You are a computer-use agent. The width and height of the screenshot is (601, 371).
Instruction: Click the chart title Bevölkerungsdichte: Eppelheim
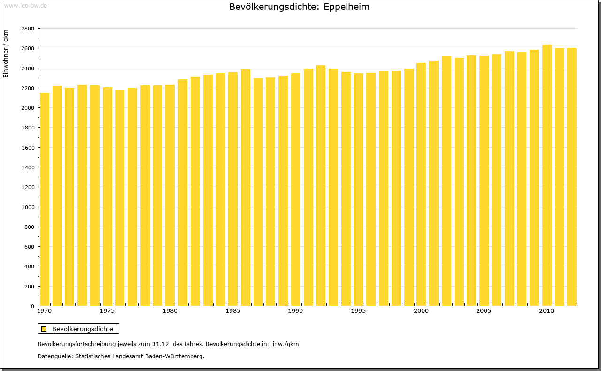[299, 7]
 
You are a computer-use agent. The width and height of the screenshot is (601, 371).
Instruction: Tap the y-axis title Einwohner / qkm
[6, 54]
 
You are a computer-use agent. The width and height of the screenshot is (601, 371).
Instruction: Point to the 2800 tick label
[28, 29]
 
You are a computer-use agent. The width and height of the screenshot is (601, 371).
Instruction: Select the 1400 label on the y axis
[28, 167]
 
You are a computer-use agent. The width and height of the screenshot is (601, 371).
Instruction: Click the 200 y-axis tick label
[29, 287]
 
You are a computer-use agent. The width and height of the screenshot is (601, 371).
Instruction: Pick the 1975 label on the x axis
[107, 311]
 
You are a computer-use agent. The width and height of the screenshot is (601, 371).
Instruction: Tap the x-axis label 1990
[295, 311]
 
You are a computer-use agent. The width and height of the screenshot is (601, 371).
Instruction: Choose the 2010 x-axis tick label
[547, 311]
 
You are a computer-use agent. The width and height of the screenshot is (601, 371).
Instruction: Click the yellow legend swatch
[44, 329]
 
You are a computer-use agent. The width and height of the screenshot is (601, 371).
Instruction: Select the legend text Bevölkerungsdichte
[82, 329]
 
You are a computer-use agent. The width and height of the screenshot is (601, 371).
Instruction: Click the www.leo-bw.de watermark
[25, 5]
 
